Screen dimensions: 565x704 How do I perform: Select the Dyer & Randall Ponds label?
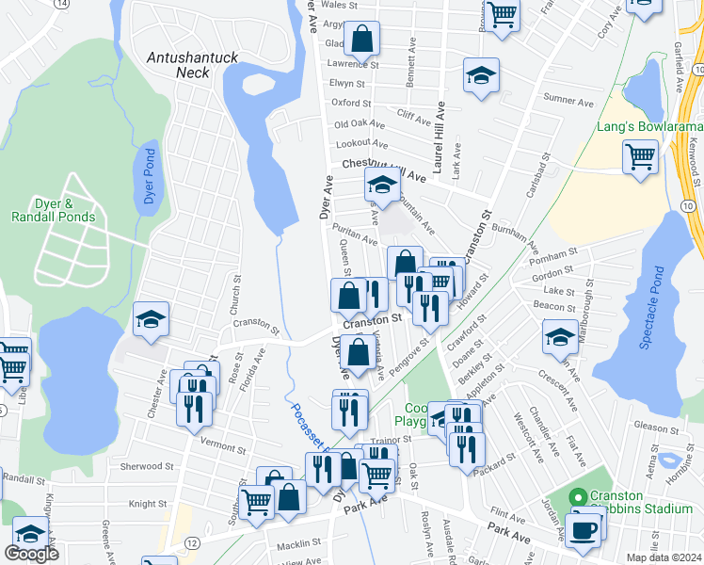(x=53, y=210)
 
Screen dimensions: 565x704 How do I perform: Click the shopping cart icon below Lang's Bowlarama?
(x=641, y=156)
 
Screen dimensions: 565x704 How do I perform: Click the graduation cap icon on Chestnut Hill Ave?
(x=382, y=184)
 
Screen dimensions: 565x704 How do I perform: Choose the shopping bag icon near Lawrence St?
(x=361, y=40)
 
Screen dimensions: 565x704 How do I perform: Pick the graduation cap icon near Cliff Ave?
(x=481, y=76)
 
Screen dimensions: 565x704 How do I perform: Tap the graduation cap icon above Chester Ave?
(x=151, y=319)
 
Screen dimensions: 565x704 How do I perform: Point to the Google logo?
(x=31, y=554)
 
